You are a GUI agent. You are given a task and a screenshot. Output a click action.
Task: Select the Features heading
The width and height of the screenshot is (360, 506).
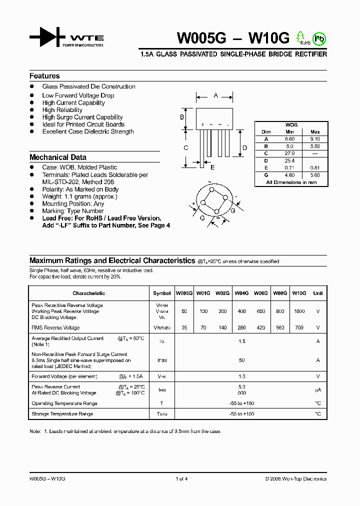pyautogui.click(x=44, y=76)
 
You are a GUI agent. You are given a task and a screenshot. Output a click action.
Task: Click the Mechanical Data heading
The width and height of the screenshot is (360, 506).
pyautogui.click(x=58, y=157)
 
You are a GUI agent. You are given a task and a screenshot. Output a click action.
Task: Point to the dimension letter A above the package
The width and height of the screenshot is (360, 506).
pyautogui.click(x=215, y=95)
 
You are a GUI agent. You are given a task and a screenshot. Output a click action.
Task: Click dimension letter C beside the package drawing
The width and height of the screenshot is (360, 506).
pyautogui.click(x=185, y=147)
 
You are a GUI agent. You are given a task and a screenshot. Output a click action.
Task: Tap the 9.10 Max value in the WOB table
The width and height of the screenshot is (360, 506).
pyautogui.click(x=315, y=139)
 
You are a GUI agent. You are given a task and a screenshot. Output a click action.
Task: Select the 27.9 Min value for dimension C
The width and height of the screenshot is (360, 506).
pyautogui.click(x=290, y=153)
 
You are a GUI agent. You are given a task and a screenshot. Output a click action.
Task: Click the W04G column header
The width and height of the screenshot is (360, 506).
pyautogui.click(x=241, y=293)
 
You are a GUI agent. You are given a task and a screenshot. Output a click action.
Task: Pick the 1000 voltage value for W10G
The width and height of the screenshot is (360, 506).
pyautogui.click(x=299, y=311)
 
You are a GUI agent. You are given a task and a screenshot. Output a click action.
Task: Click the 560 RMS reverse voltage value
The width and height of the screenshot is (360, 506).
pyautogui.click(x=279, y=328)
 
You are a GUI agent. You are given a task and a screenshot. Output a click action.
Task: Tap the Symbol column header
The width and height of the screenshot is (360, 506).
pyautogui.click(x=161, y=293)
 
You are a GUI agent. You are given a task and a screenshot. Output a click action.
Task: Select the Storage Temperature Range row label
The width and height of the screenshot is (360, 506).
pyautogui.click(x=62, y=414)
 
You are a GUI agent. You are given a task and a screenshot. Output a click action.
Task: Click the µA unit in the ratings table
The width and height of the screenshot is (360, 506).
pyautogui.click(x=317, y=390)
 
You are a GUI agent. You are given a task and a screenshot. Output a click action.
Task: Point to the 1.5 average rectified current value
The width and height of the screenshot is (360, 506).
pyautogui.click(x=242, y=341)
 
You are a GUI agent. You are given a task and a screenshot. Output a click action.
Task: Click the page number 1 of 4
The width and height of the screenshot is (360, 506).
pyautogui.click(x=181, y=479)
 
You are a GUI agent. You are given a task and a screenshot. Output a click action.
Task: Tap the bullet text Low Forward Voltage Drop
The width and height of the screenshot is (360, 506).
pyautogui.click(x=78, y=95)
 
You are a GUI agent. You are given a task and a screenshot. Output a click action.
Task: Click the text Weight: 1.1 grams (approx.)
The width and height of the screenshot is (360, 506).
pyautogui.click(x=79, y=196)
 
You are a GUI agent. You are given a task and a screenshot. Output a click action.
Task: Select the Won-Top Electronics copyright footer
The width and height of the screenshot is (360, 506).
pyautogui.click(x=295, y=479)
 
